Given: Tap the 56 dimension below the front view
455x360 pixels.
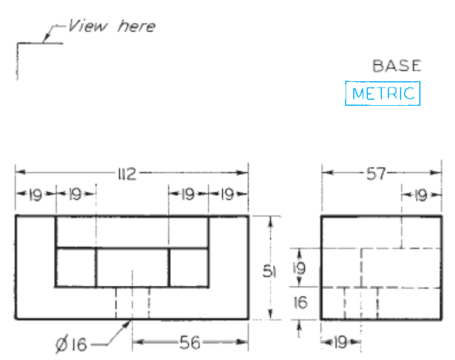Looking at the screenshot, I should coord(190,342).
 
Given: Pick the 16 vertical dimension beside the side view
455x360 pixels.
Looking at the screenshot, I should coord(299,303).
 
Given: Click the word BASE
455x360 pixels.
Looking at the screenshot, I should coord(397,66).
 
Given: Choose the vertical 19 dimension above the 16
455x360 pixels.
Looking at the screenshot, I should coord(299,269).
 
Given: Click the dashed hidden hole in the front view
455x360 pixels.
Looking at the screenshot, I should coord(132,303).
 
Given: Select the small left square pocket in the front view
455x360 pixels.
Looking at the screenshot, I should coord(75,268).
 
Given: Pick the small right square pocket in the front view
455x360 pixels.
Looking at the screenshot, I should coord(188,268).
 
